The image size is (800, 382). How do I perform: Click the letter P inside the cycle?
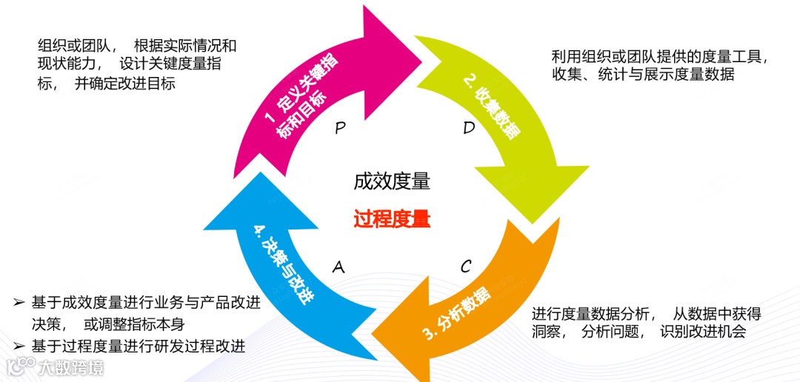coord(340,128)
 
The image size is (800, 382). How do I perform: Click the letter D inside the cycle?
coord(469,128)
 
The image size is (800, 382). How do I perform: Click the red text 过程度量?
coord(391,219)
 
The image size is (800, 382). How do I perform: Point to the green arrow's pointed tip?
coord(533,221)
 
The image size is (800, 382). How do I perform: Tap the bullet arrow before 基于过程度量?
coord(19,346)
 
